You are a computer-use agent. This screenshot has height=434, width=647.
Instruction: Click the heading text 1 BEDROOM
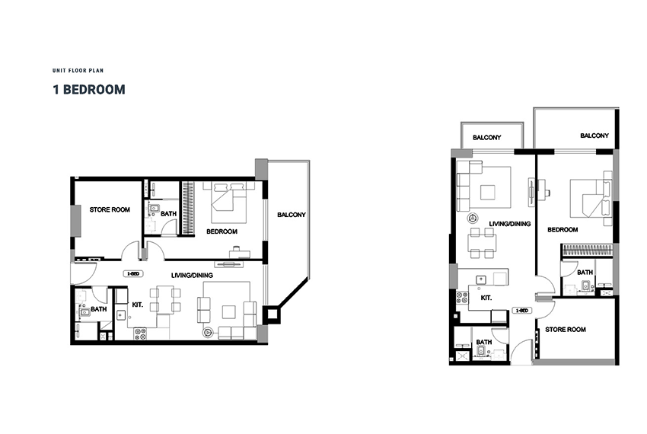click(89, 90)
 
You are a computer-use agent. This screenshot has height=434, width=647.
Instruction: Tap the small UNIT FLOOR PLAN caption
click(78, 71)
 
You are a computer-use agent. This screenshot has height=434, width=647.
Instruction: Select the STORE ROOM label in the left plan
click(110, 210)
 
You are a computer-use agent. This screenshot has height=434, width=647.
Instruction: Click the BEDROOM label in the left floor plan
click(222, 231)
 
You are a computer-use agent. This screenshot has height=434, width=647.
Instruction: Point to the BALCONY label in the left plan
click(292, 215)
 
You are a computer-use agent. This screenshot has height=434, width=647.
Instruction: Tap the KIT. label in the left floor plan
click(138, 305)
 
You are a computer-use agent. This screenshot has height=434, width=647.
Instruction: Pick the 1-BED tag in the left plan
click(133, 274)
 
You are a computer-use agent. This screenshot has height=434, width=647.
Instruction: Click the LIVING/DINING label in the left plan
click(193, 276)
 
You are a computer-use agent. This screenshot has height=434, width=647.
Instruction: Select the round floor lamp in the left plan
click(207, 332)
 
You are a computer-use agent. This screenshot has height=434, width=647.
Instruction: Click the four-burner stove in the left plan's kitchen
click(140, 333)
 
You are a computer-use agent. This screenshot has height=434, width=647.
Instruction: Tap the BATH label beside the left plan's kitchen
click(99, 309)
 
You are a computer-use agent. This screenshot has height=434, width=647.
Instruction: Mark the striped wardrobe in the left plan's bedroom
click(188, 208)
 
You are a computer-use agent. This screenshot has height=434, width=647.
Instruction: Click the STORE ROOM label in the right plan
click(566, 330)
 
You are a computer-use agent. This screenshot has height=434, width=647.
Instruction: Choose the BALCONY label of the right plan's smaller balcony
click(487, 138)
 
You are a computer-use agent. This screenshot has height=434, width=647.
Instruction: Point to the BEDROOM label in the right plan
click(563, 230)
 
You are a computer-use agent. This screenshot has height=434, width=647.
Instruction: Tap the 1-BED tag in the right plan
click(521, 311)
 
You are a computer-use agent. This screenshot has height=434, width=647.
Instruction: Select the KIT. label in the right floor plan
click(486, 298)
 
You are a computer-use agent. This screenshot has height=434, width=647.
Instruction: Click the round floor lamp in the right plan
click(473, 218)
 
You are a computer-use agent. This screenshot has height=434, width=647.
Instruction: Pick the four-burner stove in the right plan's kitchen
click(462, 298)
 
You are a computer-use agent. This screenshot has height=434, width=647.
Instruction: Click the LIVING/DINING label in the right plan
click(510, 224)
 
